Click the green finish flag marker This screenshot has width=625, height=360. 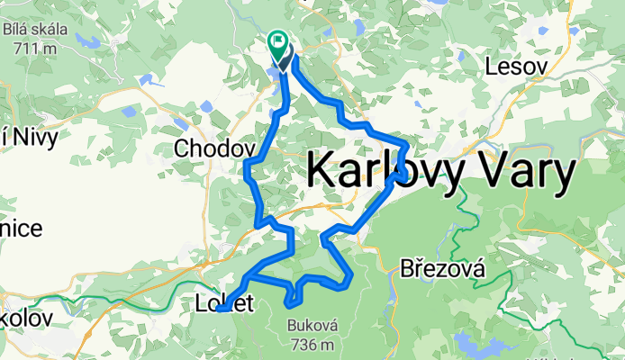click(x=276, y=42)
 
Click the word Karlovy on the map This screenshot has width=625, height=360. click(x=394, y=170)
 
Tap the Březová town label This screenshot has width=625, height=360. click(x=443, y=268)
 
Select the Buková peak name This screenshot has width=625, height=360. click(x=312, y=327)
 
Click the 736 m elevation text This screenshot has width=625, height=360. click(x=312, y=344)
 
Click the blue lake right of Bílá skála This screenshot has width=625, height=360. click(x=89, y=40)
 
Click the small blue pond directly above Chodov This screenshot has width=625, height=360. click(x=207, y=106)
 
